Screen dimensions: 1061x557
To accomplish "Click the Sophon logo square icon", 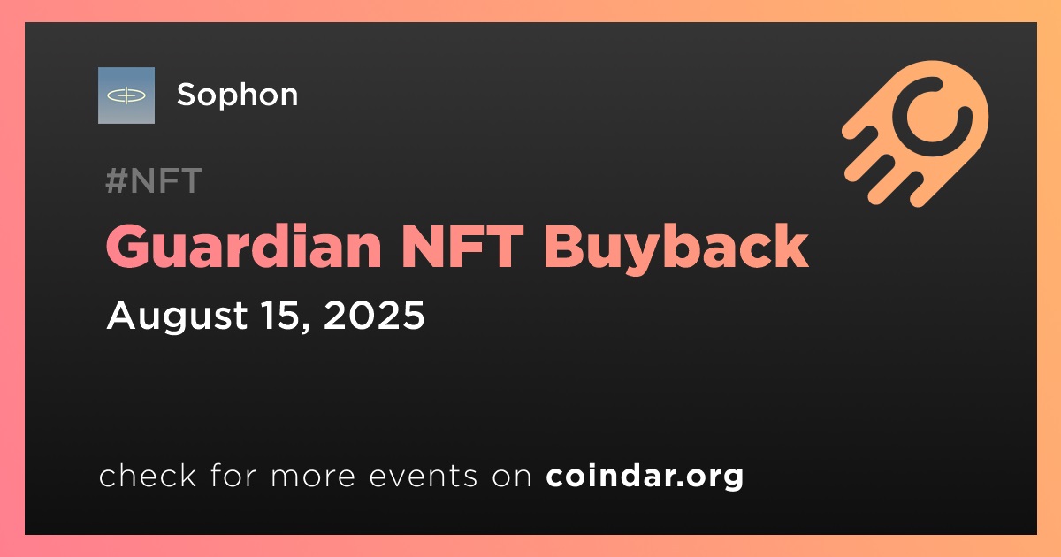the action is pos(126,95).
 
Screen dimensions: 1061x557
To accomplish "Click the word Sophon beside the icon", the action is pos(237,95).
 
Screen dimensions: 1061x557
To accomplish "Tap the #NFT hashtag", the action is pos(154,180).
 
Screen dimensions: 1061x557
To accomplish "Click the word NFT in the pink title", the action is pos(462,247).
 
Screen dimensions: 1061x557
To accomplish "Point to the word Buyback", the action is pos(676,248).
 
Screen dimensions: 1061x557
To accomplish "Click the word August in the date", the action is pos(177,317).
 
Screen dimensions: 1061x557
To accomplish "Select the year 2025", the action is pos(374,315).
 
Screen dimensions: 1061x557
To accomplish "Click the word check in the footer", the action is pos(148,475).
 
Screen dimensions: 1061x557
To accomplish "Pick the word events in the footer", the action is pos(423,476).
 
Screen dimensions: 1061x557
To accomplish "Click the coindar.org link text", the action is pos(645,476).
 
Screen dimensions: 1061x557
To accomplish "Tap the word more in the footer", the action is pos(313,476).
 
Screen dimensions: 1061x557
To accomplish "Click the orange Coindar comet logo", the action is pos(915,134).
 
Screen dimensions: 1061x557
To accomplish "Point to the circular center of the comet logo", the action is pos(931,118).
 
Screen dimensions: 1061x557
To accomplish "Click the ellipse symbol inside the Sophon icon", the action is pos(126,95).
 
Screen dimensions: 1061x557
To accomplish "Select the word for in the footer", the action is pos(233,475).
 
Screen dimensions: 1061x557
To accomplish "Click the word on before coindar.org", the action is pos(512,477).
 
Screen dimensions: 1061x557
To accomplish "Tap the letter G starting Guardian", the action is pos(127,247).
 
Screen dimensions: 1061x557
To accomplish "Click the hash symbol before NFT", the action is pos(116,180).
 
